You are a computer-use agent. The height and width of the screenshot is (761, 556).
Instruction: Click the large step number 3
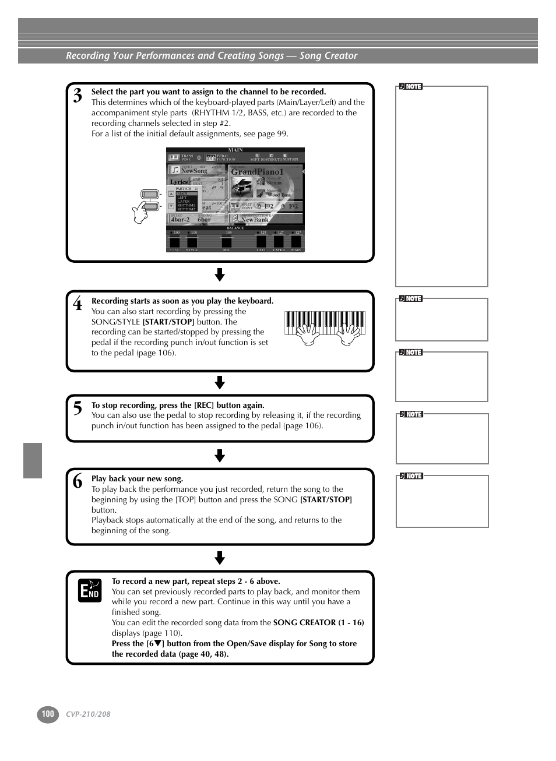click(x=78, y=96)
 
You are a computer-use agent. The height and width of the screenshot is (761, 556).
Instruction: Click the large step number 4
click(x=78, y=304)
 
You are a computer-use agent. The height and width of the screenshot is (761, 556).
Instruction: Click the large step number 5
click(x=78, y=408)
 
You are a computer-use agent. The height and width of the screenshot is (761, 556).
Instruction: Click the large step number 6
click(x=78, y=481)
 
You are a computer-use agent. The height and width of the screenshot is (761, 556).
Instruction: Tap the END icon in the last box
click(x=90, y=590)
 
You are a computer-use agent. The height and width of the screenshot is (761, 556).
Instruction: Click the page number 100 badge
click(x=48, y=714)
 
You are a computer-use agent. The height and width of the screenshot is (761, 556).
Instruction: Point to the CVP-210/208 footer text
click(x=88, y=714)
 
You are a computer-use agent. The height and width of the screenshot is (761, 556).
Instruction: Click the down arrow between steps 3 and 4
click(x=220, y=275)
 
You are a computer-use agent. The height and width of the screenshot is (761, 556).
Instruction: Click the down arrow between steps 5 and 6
click(x=220, y=456)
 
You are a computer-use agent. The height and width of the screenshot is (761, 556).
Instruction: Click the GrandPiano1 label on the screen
click(x=257, y=172)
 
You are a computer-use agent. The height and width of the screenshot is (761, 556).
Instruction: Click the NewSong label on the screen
click(x=194, y=171)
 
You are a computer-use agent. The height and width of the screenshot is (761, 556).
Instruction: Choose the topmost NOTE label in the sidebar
click(x=411, y=87)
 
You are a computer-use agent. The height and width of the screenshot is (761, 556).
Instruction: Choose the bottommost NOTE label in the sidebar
click(x=411, y=476)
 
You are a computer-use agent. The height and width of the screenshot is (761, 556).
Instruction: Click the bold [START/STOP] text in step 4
click(x=168, y=322)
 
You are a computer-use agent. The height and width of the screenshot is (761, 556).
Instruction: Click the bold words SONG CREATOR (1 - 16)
click(x=318, y=622)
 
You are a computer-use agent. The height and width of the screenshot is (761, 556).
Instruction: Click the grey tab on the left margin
click(x=33, y=460)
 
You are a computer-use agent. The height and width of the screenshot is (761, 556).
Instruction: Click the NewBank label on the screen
click(x=255, y=220)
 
